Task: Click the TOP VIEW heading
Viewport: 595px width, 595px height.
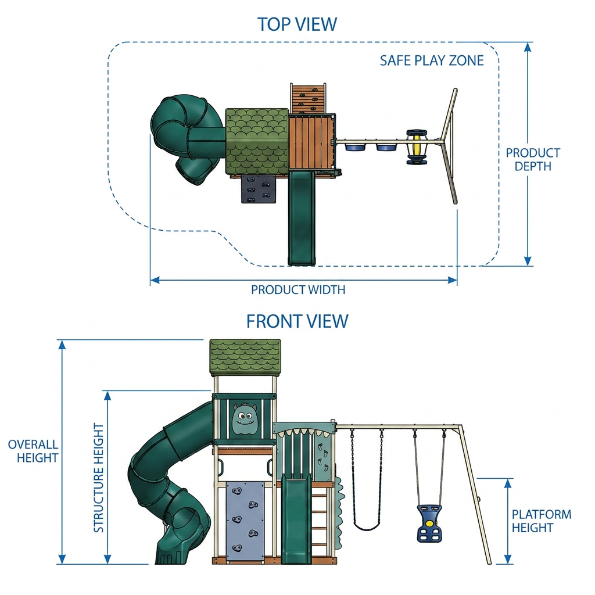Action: [x=297, y=24]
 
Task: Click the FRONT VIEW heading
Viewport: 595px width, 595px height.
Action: [x=297, y=321]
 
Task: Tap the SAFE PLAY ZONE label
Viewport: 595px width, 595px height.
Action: [x=432, y=60]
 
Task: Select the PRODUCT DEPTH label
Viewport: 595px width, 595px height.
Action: [x=533, y=159]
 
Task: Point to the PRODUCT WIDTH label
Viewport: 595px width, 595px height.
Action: [x=298, y=290]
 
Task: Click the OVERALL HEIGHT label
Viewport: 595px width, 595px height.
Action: [x=33, y=451]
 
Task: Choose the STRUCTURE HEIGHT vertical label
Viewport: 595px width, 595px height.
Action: [x=99, y=478]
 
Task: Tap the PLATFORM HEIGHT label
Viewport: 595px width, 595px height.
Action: [x=542, y=521]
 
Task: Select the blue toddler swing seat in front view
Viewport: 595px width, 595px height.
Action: [x=429, y=524]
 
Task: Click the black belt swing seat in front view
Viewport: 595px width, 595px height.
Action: [x=367, y=526]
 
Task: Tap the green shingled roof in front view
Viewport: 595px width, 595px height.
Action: [x=245, y=357]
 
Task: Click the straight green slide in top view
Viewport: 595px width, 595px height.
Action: [x=302, y=218]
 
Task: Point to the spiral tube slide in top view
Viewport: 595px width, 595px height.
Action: [x=187, y=139]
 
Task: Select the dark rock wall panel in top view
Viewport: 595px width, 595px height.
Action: [x=259, y=189]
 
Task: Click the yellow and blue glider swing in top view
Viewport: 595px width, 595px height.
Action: [x=417, y=147]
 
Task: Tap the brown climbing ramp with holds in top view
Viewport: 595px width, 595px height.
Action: [x=308, y=98]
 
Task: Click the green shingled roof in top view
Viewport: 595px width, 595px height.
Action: [x=257, y=141]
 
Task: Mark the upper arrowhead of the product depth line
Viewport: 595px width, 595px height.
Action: [x=528, y=47]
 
